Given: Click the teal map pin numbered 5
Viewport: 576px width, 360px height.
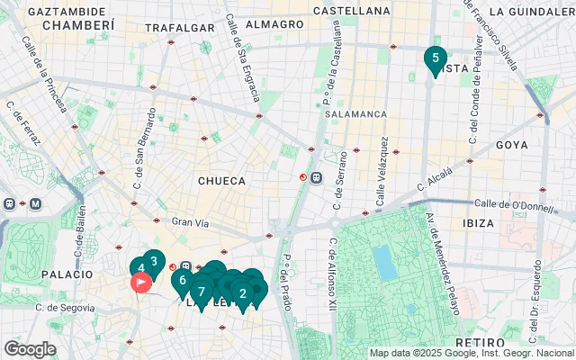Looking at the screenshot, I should click(435, 59).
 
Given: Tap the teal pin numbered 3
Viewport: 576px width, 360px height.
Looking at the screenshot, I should click(153, 263).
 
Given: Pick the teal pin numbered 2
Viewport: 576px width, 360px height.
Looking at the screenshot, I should click(242, 292).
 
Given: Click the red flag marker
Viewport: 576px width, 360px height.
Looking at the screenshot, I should click(141, 283).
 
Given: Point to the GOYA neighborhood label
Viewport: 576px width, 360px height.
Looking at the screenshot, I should click(511, 145).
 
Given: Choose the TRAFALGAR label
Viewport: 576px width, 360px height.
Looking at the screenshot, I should click(174, 28).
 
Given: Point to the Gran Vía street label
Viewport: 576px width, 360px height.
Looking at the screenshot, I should click(190, 221).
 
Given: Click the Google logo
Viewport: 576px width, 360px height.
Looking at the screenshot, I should click(30, 348).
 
